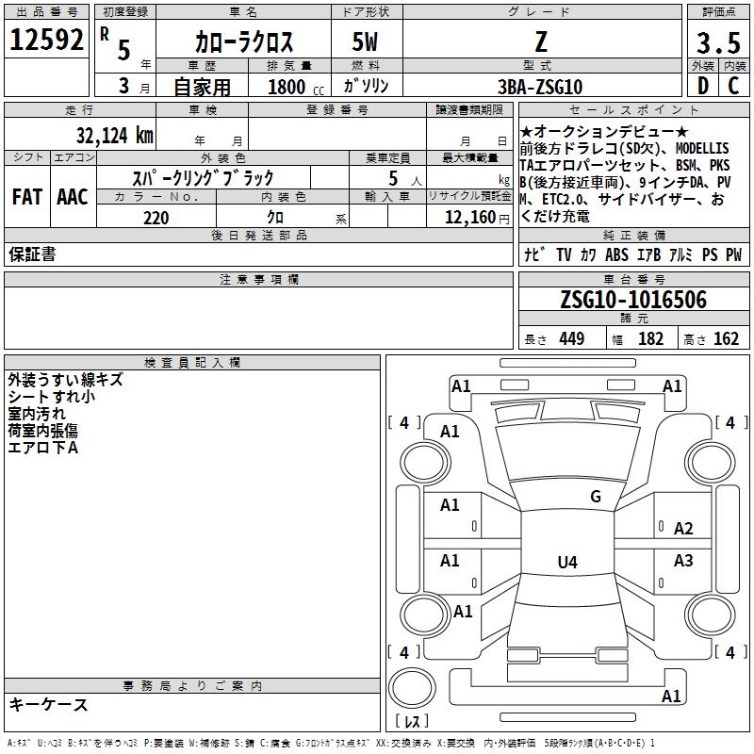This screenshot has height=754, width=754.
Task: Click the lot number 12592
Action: (x=46, y=40)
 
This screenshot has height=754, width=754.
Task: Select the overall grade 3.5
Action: (x=718, y=42)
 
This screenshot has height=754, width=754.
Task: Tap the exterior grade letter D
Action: (x=702, y=86)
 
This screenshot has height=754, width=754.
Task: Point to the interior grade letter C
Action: (x=733, y=86)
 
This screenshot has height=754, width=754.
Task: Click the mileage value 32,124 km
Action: (x=115, y=135)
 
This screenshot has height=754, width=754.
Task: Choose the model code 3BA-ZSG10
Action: (x=540, y=87)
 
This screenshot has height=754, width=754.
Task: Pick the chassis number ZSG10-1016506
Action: (x=633, y=299)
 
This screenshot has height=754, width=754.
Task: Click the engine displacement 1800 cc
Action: (x=296, y=87)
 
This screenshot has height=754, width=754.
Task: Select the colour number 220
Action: (x=156, y=218)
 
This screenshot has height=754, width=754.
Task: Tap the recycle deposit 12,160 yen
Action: (x=477, y=218)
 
